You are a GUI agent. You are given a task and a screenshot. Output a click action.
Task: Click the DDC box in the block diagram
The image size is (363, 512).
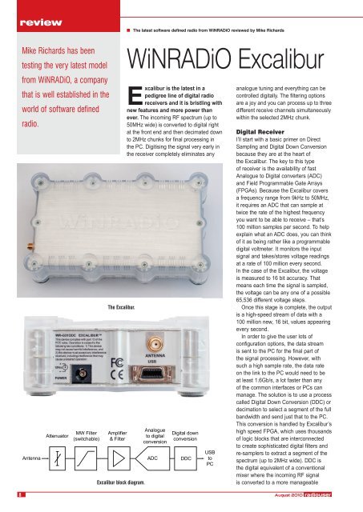coord(185,458)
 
